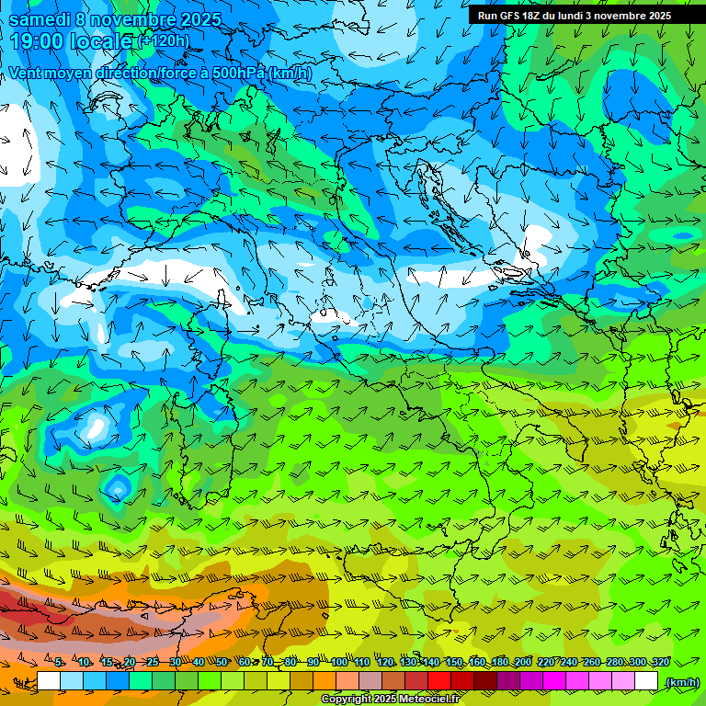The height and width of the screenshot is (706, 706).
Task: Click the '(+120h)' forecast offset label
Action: point(164,40)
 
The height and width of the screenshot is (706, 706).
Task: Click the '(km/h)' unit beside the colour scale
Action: point(682,681)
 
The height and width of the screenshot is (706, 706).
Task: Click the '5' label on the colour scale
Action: point(59,662)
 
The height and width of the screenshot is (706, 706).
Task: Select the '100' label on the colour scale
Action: point(338,662)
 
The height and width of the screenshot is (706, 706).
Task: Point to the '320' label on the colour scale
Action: point(660,662)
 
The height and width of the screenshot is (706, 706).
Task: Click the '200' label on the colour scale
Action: point(523,662)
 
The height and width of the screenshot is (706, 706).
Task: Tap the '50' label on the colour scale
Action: point(222,662)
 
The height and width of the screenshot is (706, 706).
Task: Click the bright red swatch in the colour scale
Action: point(439,681)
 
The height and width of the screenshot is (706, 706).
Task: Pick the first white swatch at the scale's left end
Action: point(49,681)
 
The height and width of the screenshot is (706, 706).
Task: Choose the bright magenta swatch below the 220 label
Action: point(554,681)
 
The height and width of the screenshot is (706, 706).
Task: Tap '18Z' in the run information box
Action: point(531,16)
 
